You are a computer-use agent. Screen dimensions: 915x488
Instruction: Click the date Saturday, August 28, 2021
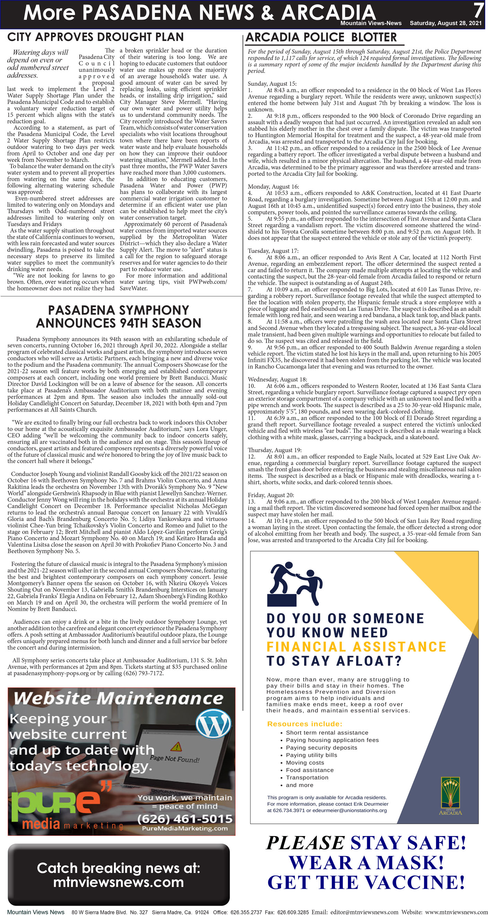tap(445, 23)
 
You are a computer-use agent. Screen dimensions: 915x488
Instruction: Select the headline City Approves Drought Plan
tap(95, 37)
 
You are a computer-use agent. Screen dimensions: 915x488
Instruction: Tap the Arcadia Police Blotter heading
tap(321, 37)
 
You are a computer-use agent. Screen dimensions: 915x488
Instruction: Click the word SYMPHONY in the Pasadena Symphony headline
tap(154, 310)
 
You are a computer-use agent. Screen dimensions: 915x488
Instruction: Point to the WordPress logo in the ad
tap(214, 724)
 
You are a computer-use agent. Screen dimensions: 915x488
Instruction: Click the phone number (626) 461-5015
tap(185, 819)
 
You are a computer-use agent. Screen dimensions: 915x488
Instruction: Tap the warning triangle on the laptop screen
tap(176, 746)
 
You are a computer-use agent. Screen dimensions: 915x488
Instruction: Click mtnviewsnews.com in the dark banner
tap(118, 882)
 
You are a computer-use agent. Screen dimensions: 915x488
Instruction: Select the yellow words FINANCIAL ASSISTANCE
tap(356, 646)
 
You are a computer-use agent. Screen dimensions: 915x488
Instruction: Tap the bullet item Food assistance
tap(310, 770)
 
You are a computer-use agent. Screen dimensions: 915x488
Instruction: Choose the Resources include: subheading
tap(305, 724)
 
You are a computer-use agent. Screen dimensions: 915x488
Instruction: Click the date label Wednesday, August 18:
tap(277, 380)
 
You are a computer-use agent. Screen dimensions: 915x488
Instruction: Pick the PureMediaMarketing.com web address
tap(185, 828)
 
